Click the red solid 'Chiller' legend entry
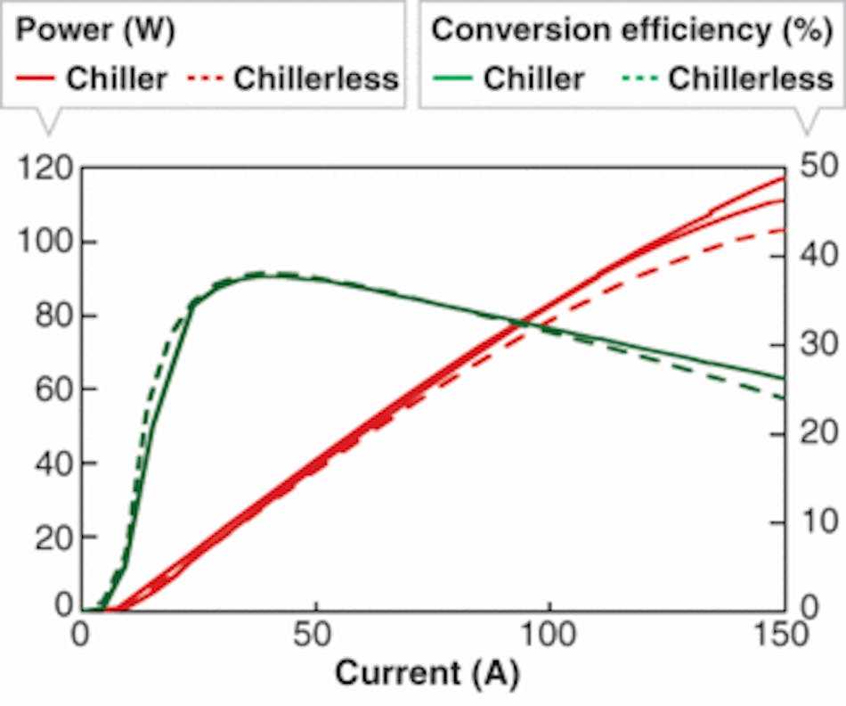click(x=92, y=78)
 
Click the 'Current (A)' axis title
click(x=426, y=673)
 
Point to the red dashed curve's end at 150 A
click(x=784, y=229)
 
